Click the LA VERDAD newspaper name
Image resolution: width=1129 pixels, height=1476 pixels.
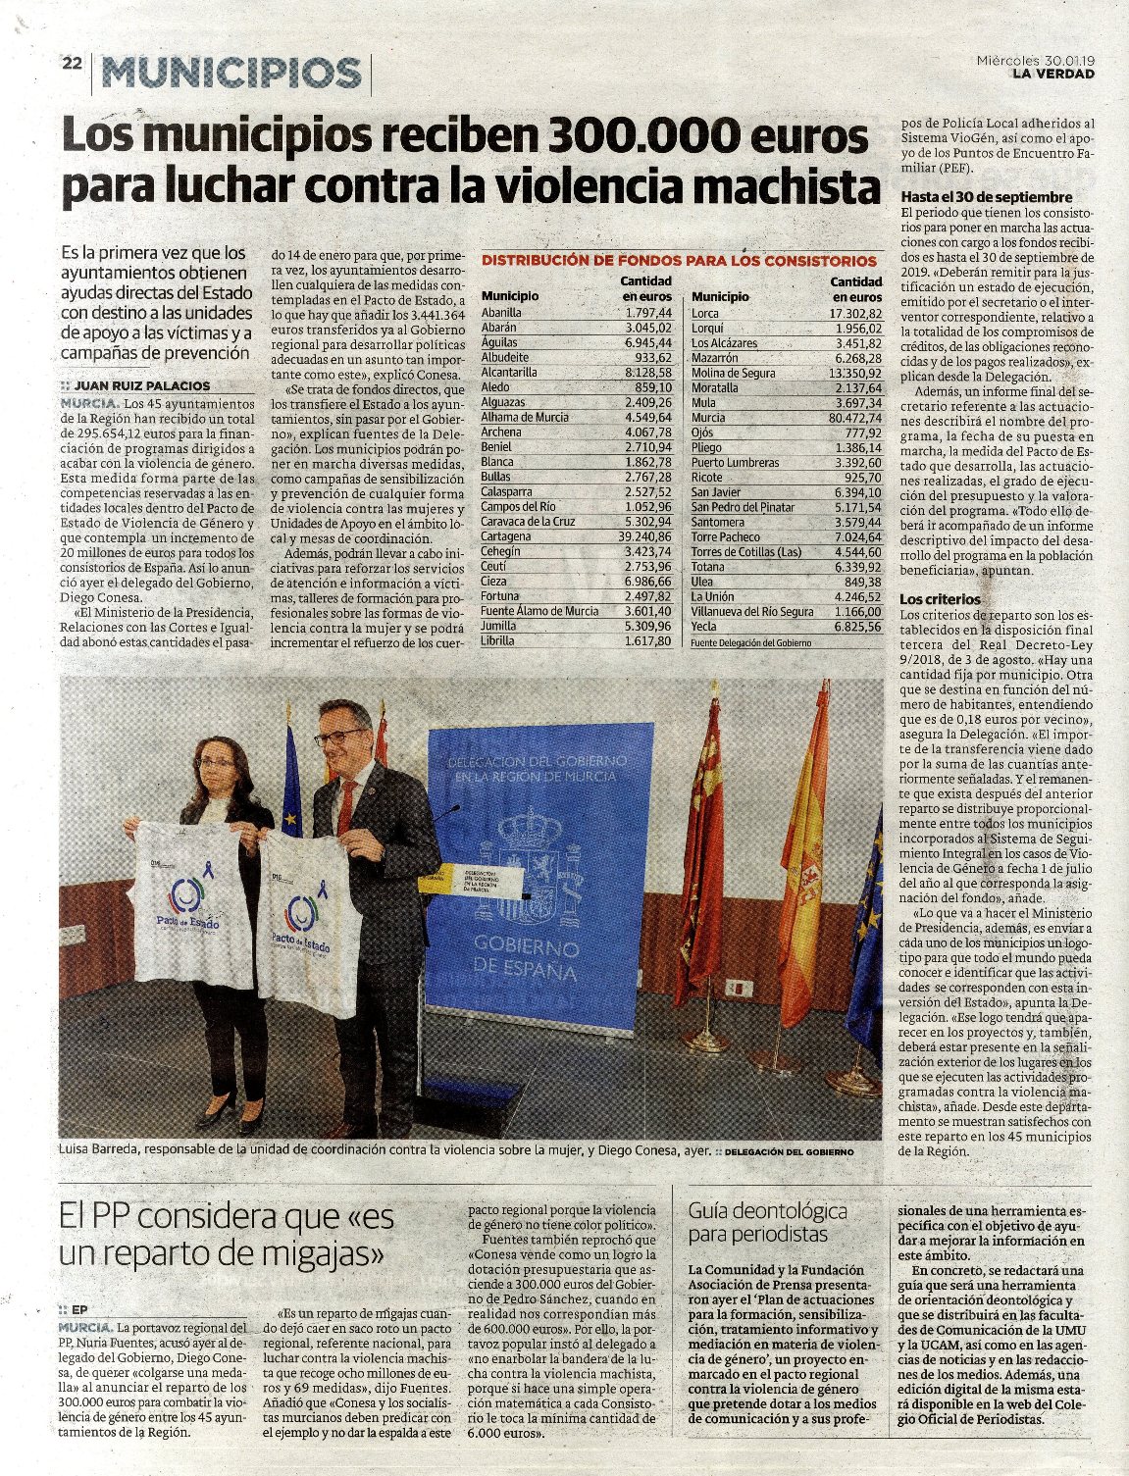[x=1052, y=74]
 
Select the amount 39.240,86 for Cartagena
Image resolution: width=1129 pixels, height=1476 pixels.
[x=644, y=536]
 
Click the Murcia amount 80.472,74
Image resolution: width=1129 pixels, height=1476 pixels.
[x=853, y=418]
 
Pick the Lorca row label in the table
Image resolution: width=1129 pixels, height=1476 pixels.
[x=705, y=314]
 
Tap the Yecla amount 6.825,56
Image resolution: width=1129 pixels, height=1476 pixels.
[x=856, y=626]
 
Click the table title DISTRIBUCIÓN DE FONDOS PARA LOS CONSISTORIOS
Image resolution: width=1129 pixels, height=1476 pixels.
[x=679, y=261]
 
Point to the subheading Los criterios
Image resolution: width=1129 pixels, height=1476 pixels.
[x=940, y=598]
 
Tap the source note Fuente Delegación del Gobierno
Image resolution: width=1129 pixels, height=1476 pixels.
[x=751, y=642]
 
